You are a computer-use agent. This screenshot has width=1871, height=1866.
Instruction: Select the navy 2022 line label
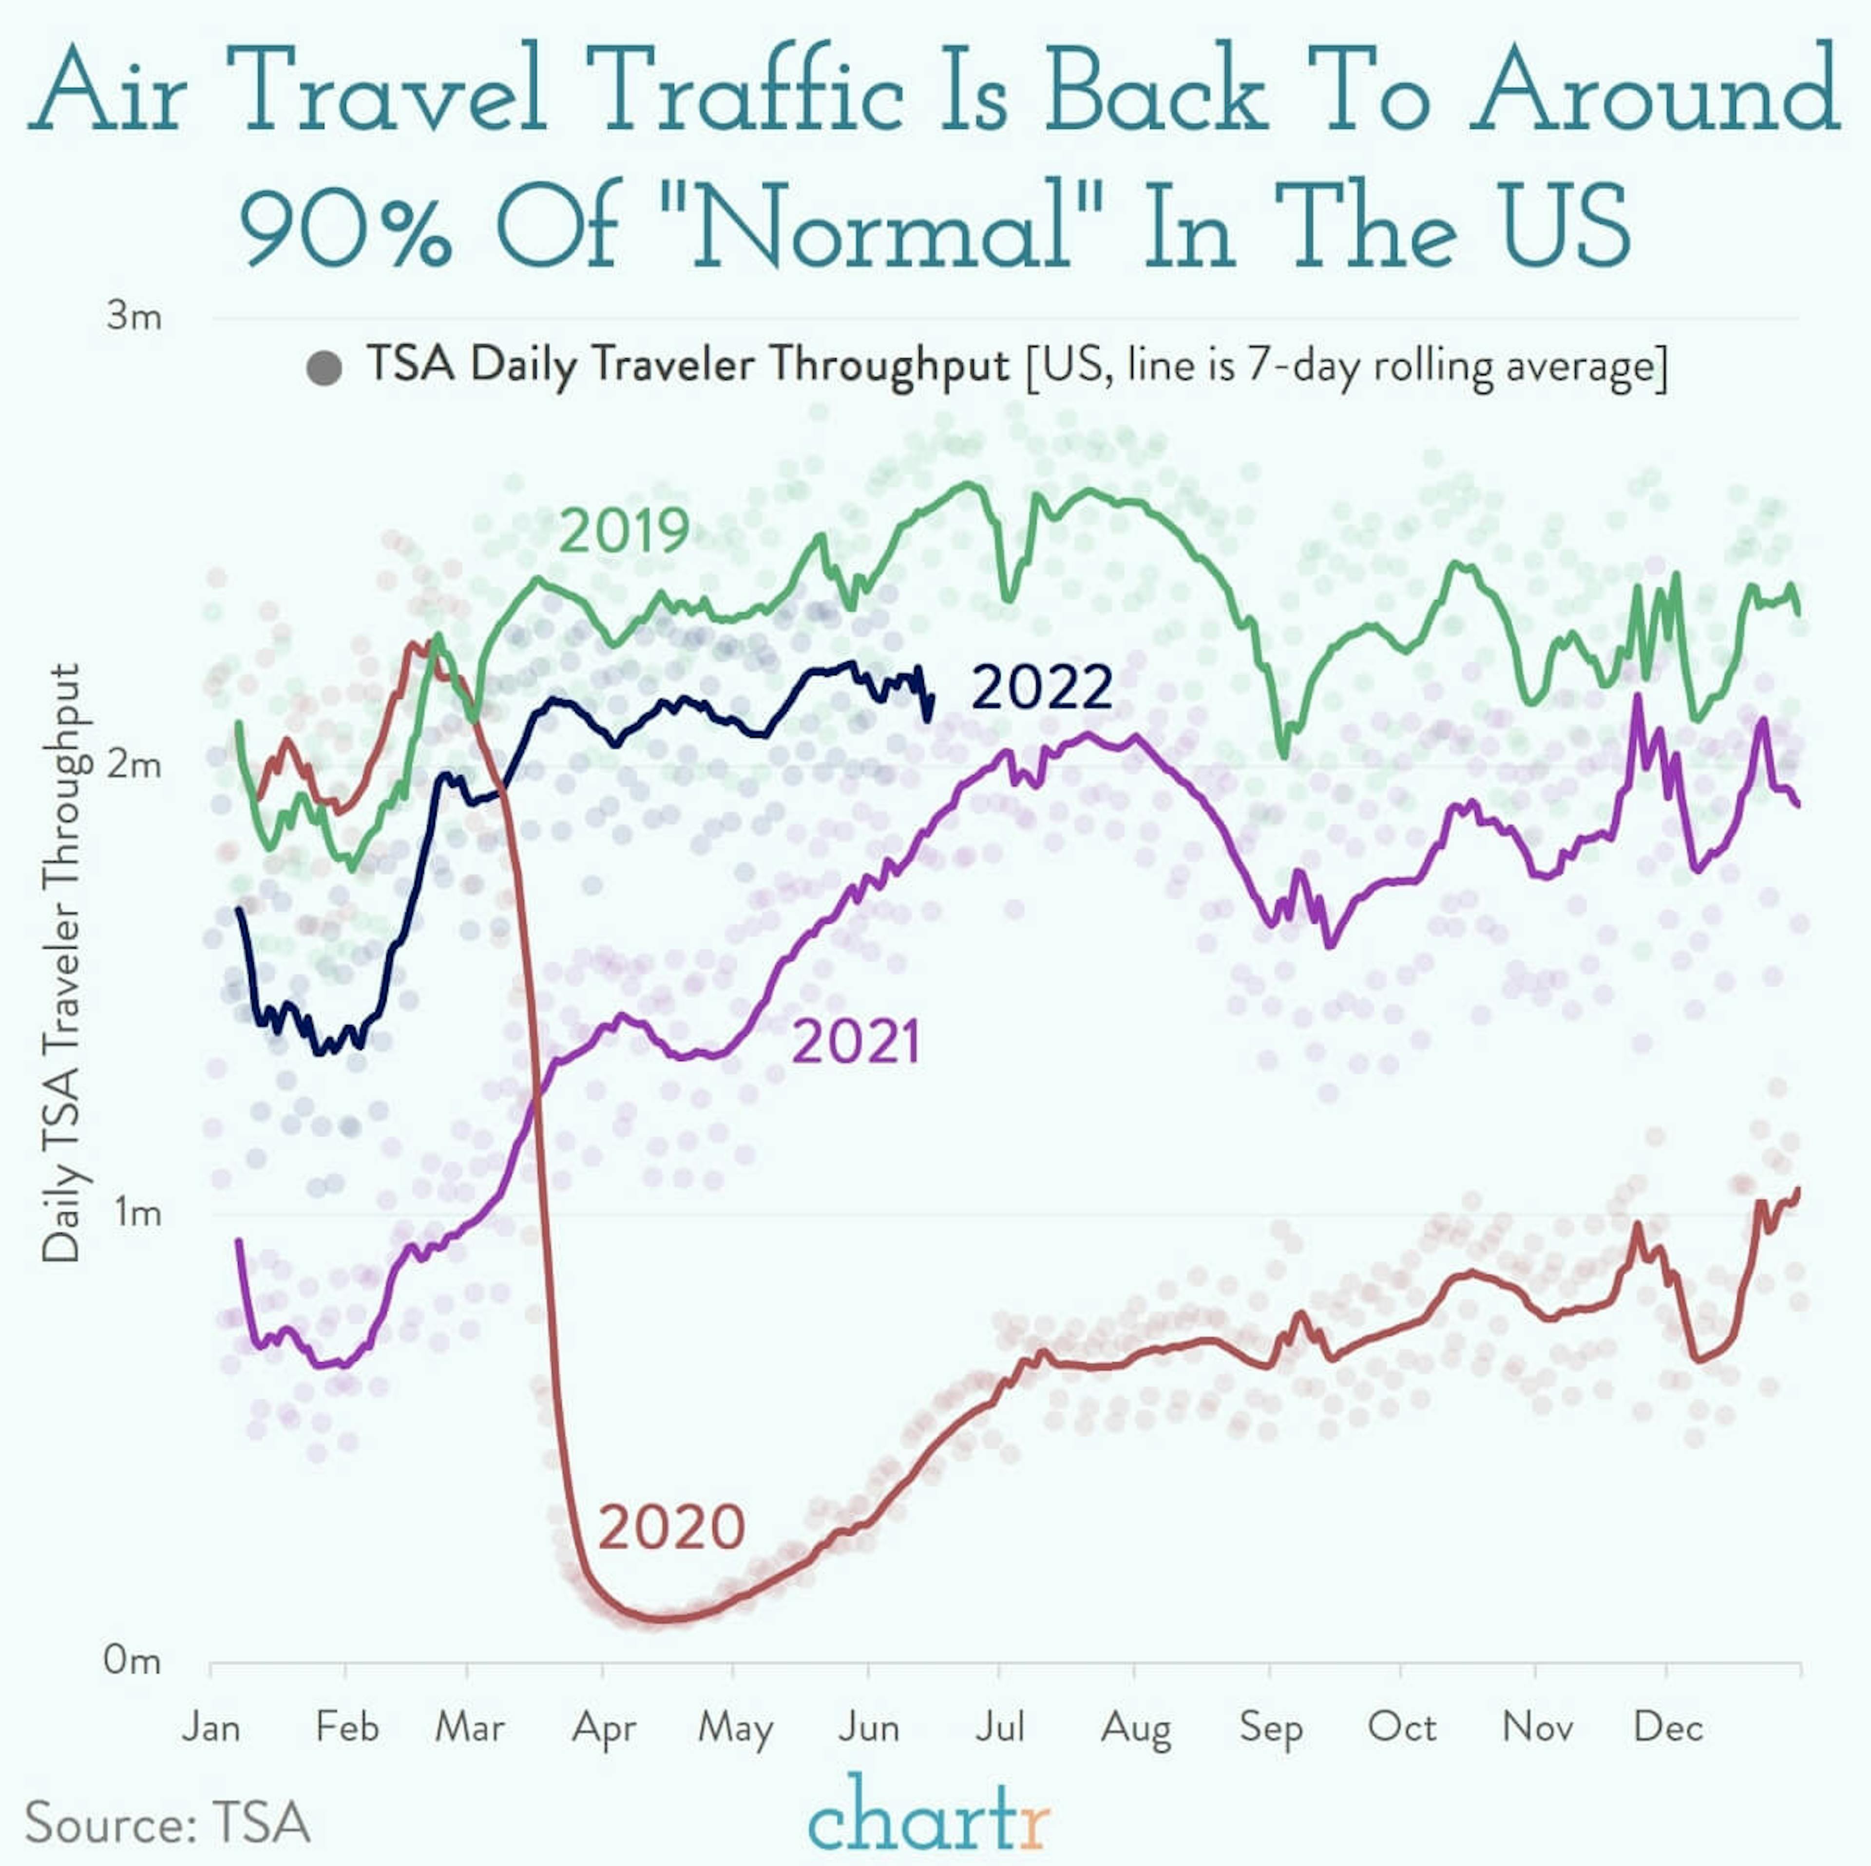(1041, 688)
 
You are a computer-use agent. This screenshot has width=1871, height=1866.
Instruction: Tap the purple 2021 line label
(856, 1043)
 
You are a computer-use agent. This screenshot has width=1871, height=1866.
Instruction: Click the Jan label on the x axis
(211, 1728)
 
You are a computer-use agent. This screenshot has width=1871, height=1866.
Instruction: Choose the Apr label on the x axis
(603, 1728)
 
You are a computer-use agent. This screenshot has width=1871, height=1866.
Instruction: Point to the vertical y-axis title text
(62, 964)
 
